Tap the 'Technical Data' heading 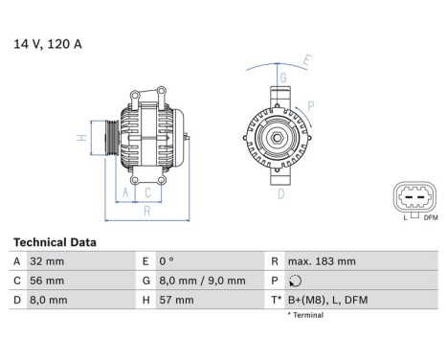tap(54, 243)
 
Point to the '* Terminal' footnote tap(303, 315)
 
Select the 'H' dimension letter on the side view tap(83, 138)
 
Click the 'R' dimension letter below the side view tap(145, 211)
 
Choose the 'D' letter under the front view tap(280, 194)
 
